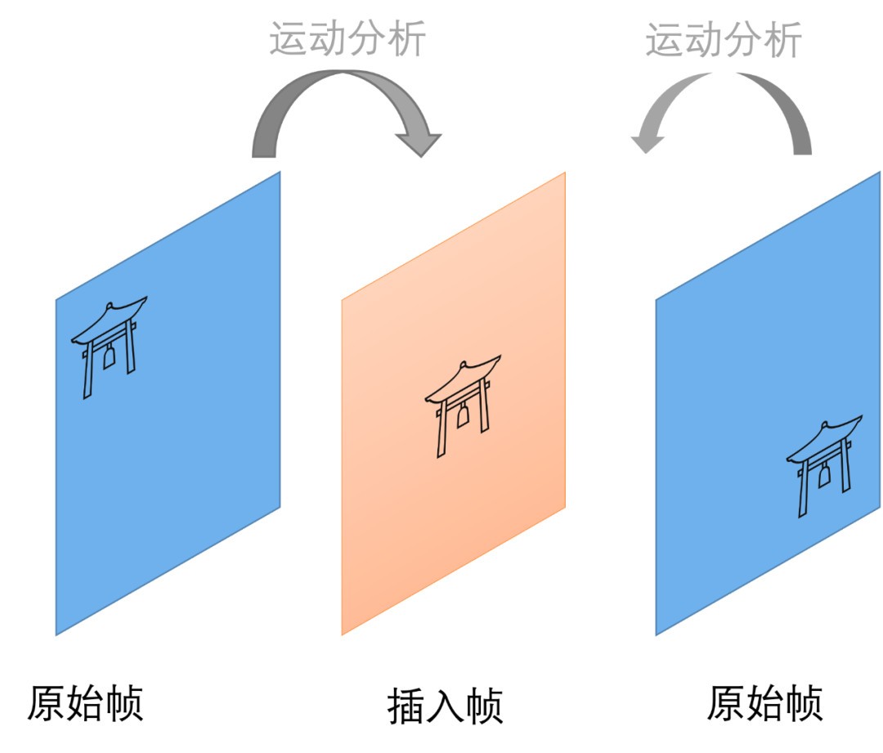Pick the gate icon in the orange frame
(463, 404)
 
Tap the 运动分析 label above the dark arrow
(347, 38)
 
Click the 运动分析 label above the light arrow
(724, 38)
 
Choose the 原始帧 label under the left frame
(86, 702)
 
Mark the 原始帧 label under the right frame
(764, 702)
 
